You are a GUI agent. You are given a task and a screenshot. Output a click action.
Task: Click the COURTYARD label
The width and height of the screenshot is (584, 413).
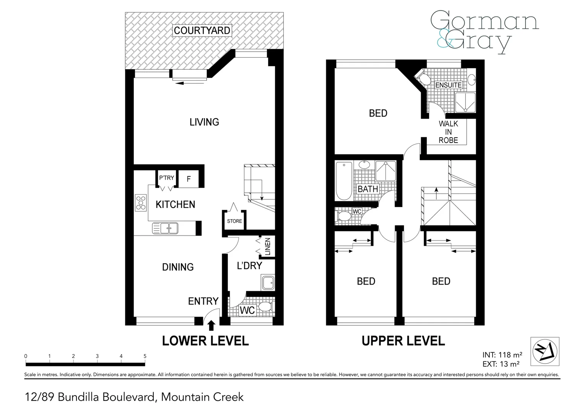pos(202,30)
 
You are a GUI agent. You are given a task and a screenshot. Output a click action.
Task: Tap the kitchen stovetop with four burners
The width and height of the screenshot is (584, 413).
pos(140,203)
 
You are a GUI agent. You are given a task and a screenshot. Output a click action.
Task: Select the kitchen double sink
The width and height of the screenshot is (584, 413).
pos(165,228)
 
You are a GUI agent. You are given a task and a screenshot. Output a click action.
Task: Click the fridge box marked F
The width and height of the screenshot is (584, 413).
pos(189,179)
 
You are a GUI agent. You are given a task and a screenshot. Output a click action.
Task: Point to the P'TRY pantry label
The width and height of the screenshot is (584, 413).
pos(166,178)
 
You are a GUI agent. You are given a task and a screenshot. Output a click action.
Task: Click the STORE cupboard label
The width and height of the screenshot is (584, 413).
pos(234,221)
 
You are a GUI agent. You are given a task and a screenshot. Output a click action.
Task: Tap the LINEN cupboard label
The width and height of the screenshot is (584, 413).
pos(267,247)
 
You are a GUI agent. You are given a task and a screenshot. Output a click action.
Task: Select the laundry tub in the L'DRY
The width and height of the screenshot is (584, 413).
pos(267,283)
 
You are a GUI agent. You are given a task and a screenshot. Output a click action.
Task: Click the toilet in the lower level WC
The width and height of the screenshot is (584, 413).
pos(265,307)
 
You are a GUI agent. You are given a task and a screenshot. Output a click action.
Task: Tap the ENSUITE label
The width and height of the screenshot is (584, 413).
pos(448,85)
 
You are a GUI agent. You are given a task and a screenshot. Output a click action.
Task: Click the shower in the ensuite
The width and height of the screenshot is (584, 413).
pos(465,102)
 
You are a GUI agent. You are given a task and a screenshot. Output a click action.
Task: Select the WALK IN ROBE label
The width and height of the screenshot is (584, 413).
pos(448,132)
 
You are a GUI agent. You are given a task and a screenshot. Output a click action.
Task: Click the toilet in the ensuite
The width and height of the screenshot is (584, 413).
pos(424,79)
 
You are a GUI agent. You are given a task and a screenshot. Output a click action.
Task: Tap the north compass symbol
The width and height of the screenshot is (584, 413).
pos(545,351)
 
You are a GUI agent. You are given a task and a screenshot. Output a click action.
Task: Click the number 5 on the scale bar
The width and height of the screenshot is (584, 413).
pos(145,356)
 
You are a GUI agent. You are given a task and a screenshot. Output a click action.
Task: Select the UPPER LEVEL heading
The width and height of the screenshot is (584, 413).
pos(403,341)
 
